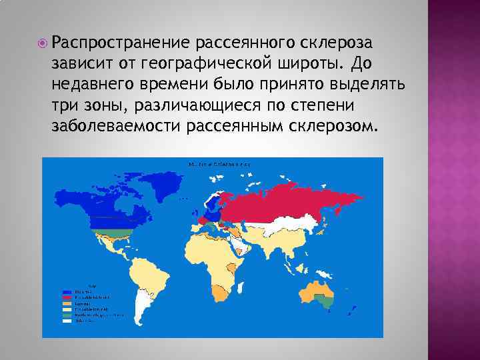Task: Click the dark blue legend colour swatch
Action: click(67, 292)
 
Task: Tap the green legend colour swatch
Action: click(67, 315)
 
